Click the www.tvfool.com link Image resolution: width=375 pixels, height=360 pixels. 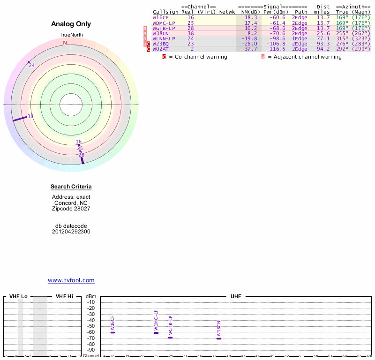[x=71, y=280]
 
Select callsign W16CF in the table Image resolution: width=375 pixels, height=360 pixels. [x=161, y=17]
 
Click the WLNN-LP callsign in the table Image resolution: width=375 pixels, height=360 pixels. [x=164, y=38]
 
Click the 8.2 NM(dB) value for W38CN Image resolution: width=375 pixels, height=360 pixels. [x=252, y=33]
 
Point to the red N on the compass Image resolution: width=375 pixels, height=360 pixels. [x=65, y=43]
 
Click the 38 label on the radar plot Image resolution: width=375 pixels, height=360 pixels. [x=30, y=116]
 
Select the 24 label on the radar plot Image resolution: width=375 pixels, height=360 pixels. [x=32, y=65]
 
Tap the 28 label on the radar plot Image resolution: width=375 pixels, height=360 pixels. [x=82, y=155]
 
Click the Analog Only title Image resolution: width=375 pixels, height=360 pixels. [x=71, y=24]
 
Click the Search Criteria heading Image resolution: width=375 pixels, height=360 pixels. [x=71, y=187]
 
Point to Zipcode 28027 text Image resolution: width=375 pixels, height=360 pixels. [x=71, y=209]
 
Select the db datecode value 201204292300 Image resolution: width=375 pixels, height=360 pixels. [x=71, y=232]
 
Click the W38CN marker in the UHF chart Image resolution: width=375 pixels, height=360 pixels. [x=219, y=338]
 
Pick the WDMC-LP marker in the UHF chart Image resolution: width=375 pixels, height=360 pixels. [x=156, y=333]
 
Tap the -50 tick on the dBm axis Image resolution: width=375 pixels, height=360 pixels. [x=91, y=326]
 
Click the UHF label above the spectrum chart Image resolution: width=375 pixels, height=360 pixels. [x=235, y=296]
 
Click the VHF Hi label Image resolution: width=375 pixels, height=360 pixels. [x=64, y=296]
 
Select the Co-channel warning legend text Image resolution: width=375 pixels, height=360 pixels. [x=198, y=57]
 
